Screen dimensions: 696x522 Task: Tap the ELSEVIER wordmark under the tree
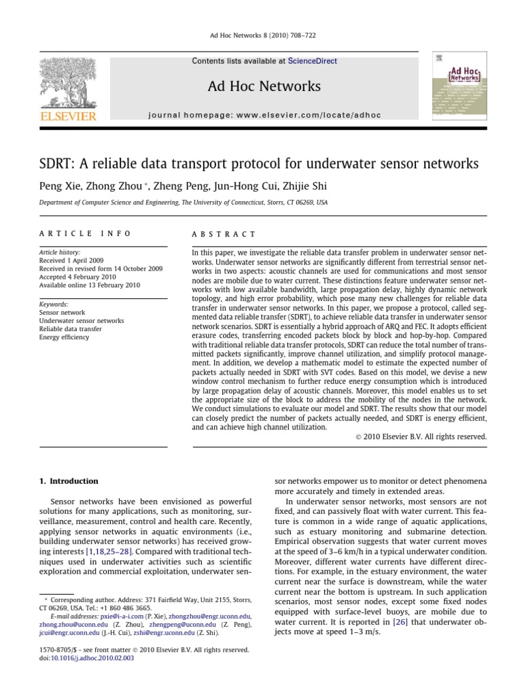point(68,117)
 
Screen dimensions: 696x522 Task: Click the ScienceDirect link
point(312,61)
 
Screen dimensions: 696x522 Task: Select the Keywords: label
point(54,304)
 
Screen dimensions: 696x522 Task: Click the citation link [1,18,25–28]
point(109,552)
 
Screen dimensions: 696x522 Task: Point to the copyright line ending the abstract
point(421,437)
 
